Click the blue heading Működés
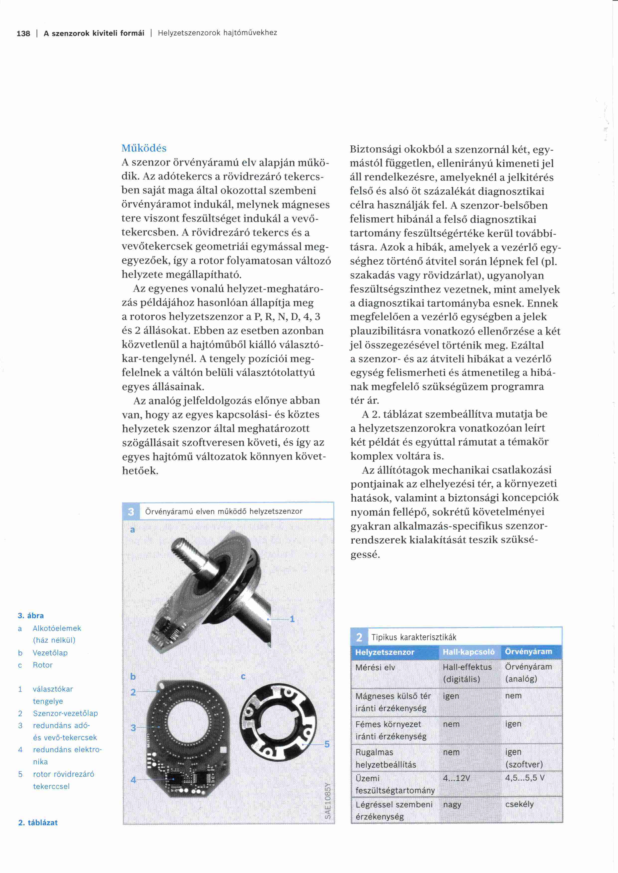point(144,148)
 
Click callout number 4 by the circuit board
point(133,780)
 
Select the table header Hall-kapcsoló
point(468,652)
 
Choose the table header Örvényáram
point(528,652)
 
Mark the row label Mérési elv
point(375,667)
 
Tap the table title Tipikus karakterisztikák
point(414,637)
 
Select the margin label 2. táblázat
point(38,822)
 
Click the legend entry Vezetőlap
point(50,653)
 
